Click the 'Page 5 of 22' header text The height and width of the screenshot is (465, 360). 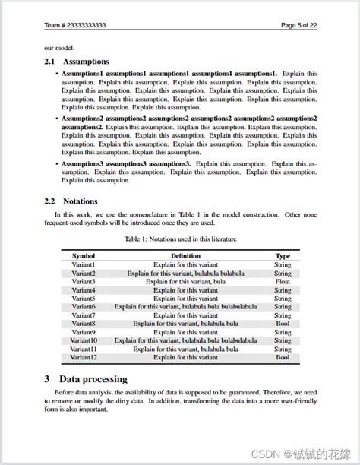(298, 25)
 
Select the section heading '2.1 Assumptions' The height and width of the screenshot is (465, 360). (77, 62)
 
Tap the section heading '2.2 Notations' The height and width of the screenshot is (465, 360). (71, 201)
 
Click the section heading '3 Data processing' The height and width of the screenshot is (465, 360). (85, 378)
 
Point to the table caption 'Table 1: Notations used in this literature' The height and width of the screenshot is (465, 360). (180, 239)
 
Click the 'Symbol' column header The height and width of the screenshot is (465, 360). (84, 256)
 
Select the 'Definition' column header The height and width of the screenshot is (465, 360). (185, 256)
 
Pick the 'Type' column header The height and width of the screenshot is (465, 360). (283, 256)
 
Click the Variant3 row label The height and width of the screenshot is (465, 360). (84, 281)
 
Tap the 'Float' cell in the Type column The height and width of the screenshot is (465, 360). (283, 281)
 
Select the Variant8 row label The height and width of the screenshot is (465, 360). (84, 324)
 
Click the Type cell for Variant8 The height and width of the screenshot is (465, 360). (283, 324)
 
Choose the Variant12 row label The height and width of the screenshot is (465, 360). (84, 357)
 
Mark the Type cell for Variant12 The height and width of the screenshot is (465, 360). (283, 357)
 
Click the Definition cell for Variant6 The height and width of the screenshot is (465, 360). (185, 307)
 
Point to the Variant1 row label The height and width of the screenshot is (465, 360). (84, 264)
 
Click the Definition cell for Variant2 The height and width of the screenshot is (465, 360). (185, 273)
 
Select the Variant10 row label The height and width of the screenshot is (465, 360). (84, 340)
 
